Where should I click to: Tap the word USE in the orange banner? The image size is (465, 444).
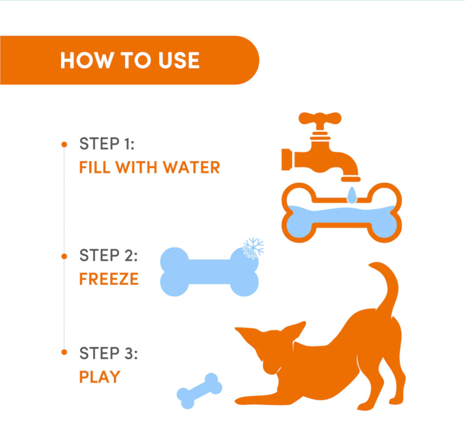coord(179,60)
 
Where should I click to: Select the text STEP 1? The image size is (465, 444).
coord(107,144)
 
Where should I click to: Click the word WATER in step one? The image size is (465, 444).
coord(191,168)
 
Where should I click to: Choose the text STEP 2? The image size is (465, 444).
coord(108,255)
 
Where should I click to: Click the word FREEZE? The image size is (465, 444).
coord(109,279)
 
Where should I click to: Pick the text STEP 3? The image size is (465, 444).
coord(108,353)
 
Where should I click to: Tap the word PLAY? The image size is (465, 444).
coord(100,377)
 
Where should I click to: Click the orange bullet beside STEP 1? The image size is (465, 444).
coord(64,144)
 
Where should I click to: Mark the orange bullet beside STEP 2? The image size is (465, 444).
coord(64,256)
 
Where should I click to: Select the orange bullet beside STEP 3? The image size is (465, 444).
coord(64,352)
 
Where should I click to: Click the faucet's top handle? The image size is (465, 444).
coord(320,118)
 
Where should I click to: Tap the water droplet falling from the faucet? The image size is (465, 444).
coord(352,196)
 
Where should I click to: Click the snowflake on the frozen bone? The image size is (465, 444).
coord(253,248)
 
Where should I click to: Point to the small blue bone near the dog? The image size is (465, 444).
coord(200,391)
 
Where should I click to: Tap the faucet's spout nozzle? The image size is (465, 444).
coord(350,179)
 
